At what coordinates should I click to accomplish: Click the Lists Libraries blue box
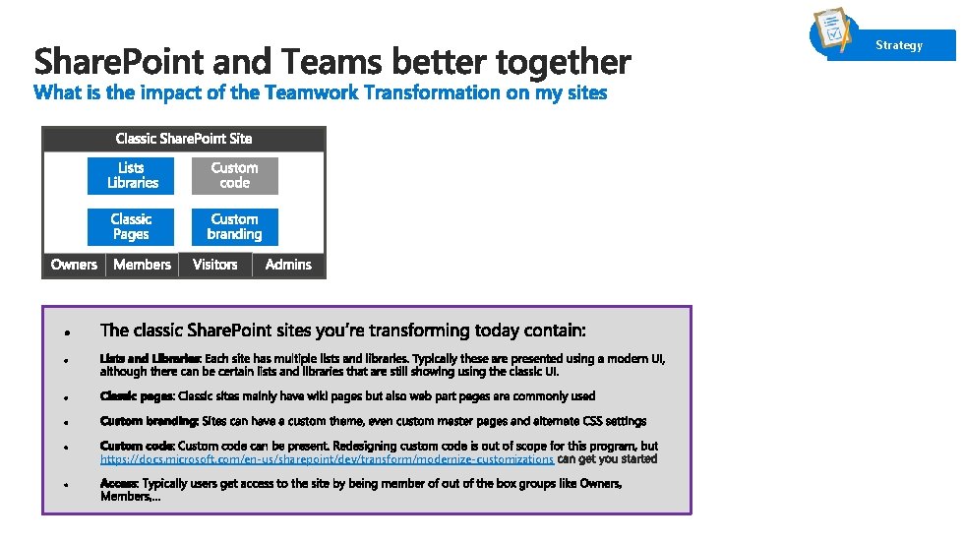pos(131,175)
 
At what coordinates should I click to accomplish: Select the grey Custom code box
pos(234,175)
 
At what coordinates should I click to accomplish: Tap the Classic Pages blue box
pos(131,226)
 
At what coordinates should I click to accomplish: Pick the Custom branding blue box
pos(234,226)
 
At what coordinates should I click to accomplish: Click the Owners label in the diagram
pos(74,264)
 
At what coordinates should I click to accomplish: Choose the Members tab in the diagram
pos(142,264)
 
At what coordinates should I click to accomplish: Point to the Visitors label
pos(214,264)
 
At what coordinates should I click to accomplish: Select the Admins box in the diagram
pos(288,264)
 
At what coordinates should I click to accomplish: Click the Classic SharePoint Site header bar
pos(183,139)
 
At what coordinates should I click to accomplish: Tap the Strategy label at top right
pos(899,45)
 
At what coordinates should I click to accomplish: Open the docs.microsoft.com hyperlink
pos(327,459)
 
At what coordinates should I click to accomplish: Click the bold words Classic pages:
pos(137,396)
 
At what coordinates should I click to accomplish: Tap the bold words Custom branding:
pos(149,421)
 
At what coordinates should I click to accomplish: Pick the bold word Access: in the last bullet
pos(119,484)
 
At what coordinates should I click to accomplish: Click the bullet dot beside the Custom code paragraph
pos(64,448)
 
